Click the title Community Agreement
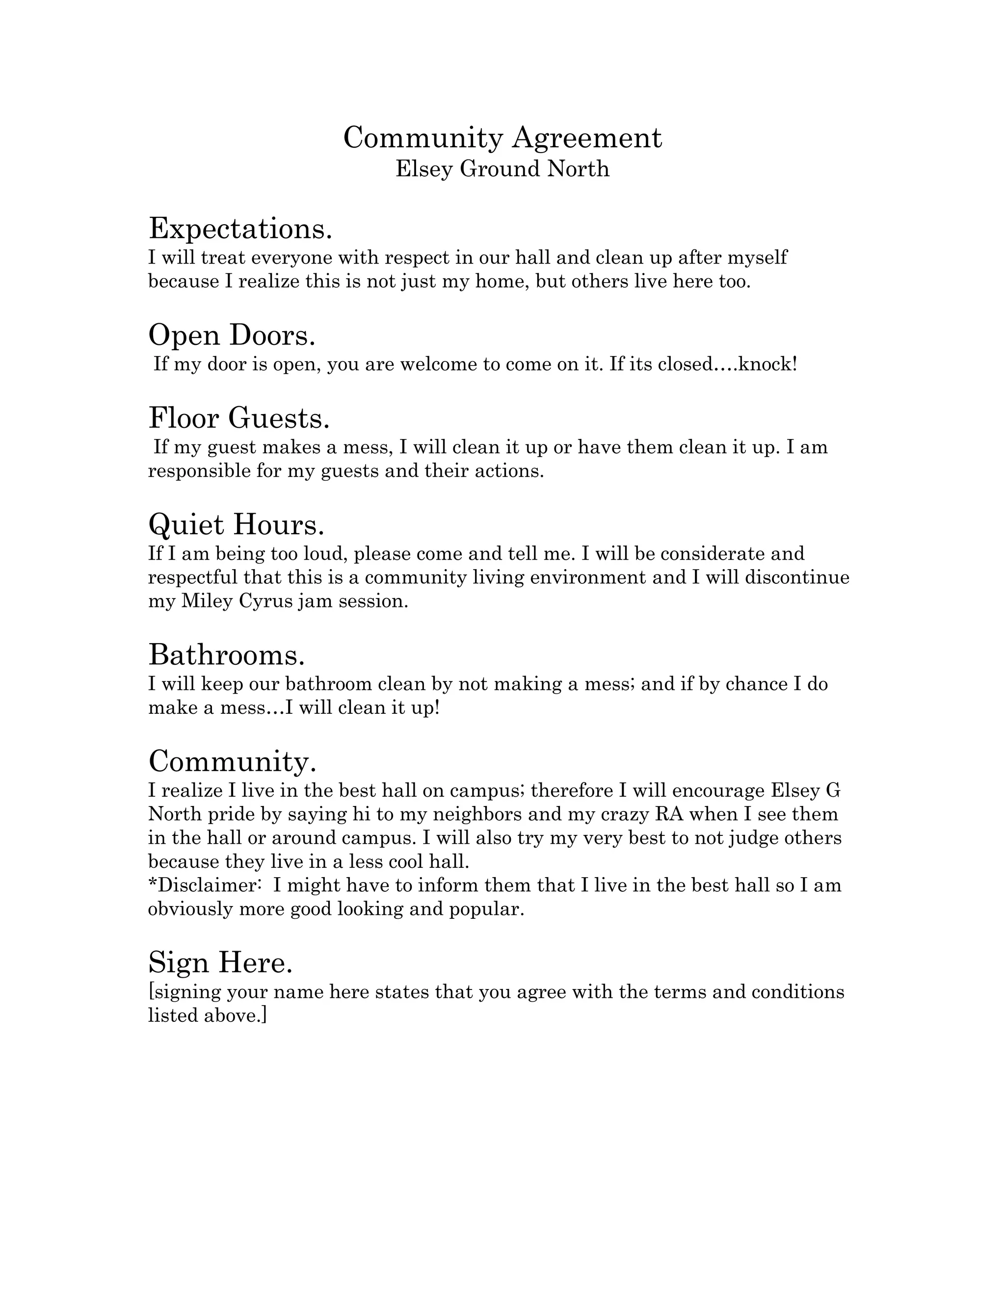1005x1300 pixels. coord(502,138)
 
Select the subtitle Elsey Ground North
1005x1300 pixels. coord(502,169)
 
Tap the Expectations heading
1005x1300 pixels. coord(240,229)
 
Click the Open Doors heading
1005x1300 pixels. coord(232,335)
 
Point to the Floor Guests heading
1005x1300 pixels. coord(239,418)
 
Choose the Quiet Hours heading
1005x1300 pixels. coord(237,524)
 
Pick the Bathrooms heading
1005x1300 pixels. coord(226,655)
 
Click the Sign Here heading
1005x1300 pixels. coord(220,962)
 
